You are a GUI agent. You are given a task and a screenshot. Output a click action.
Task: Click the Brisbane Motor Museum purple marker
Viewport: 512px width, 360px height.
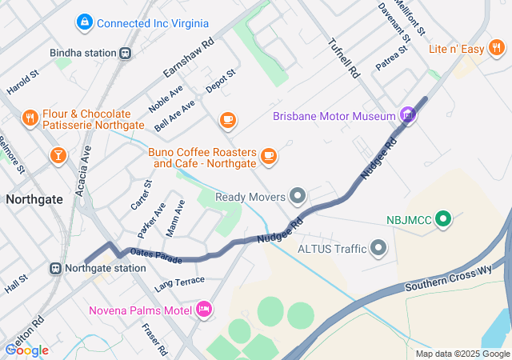[x=408, y=116]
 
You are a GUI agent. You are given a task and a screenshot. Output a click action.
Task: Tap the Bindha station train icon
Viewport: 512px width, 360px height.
[x=125, y=54]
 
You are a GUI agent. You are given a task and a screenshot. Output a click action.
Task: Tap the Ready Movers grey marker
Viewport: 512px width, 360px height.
[x=298, y=196]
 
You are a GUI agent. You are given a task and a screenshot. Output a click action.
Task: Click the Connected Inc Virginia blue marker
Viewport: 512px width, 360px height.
[x=83, y=23]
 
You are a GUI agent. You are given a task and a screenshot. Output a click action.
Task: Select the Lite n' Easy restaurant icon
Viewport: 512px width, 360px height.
[x=497, y=50]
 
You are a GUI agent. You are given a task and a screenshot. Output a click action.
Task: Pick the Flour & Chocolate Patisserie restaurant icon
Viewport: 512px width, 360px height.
[x=30, y=119]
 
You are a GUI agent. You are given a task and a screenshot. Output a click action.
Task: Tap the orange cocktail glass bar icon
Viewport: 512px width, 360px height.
[x=58, y=155]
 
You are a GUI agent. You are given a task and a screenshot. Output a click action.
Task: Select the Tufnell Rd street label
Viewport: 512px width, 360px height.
[x=345, y=58]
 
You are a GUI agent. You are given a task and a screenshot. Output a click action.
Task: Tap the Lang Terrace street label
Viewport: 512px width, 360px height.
[x=180, y=282]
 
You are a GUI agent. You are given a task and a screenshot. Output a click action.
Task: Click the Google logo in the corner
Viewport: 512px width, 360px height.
[x=26, y=350]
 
